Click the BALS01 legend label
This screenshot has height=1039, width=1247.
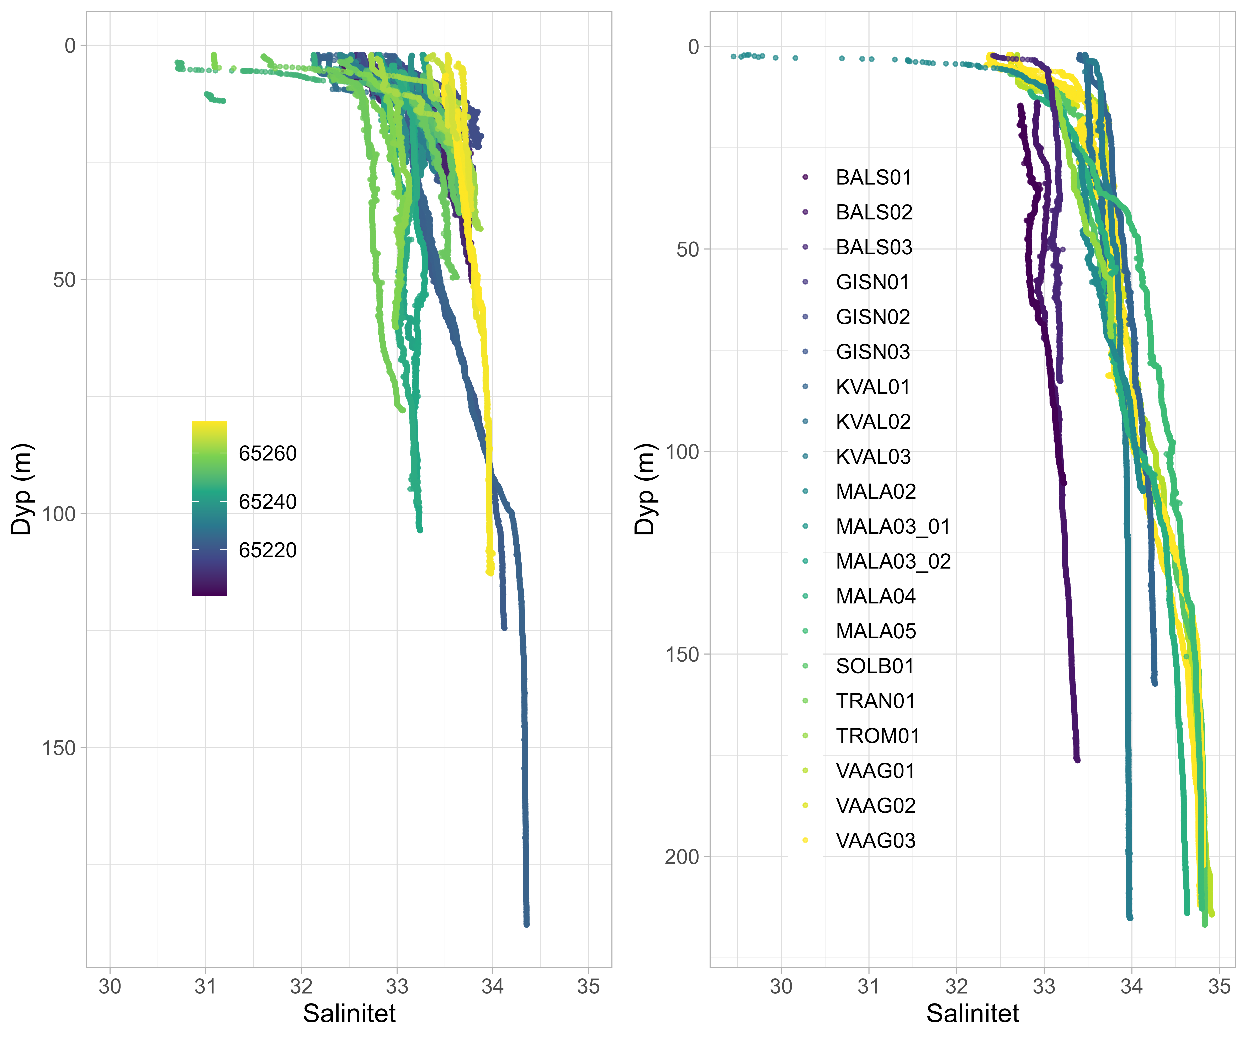[874, 177]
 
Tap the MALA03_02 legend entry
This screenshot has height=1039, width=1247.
[893, 562]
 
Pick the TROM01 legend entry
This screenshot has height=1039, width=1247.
[878, 736]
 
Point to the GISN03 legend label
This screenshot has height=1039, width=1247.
[873, 352]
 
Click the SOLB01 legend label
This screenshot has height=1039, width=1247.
[875, 666]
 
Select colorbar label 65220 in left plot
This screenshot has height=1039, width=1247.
[267, 550]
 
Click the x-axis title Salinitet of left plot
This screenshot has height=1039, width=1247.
[349, 1013]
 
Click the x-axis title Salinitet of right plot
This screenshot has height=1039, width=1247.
[973, 1013]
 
